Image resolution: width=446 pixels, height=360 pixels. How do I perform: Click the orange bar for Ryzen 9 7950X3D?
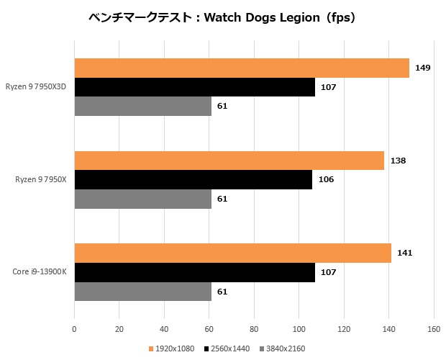tap(241, 68)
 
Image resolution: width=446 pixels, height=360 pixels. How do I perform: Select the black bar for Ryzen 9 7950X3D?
tap(194, 87)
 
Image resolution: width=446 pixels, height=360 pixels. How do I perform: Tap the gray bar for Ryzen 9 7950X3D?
tap(142, 106)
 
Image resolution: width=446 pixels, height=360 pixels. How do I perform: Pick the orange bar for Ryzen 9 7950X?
tap(229, 161)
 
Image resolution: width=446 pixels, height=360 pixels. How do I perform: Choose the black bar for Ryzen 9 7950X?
tap(193, 179)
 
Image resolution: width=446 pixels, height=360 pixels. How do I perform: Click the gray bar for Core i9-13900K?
tap(142, 292)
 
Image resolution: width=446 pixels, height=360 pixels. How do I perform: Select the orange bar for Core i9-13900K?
tap(232, 253)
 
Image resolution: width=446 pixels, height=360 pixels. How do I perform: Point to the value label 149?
tap(423, 68)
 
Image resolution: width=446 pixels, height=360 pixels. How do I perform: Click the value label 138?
tap(398, 161)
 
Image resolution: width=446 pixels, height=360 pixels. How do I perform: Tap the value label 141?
tap(404, 253)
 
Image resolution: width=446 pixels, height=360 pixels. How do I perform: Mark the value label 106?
tap(325, 179)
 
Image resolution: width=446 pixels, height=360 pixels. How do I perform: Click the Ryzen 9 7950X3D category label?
tap(40, 87)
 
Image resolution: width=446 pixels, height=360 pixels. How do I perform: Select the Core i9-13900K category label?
tap(40, 272)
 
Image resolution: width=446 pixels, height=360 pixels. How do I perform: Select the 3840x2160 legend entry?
tap(283, 348)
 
